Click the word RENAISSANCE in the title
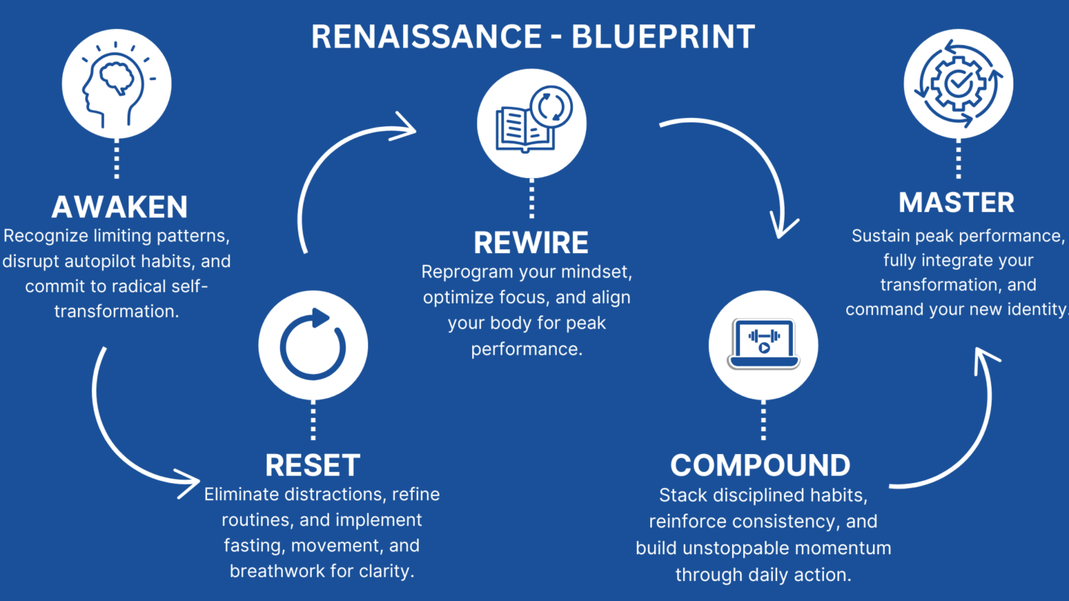tap(427, 37)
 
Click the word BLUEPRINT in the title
tap(664, 37)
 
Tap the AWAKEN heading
tap(120, 206)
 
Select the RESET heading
tap(313, 465)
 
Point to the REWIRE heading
tap(532, 243)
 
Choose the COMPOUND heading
tap(760, 465)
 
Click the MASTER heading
tap(956, 203)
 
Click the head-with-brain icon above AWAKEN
tap(117, 84)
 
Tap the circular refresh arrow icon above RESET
tap(313, 344)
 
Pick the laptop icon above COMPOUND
tap(763, 344)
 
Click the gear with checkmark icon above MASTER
tap(958, 83)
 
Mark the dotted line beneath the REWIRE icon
tap(532, 198)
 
